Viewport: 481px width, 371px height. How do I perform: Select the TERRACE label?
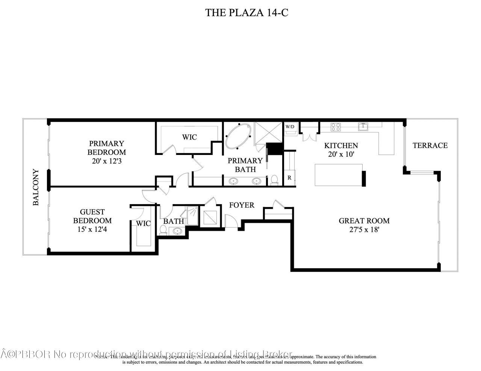[430, 145]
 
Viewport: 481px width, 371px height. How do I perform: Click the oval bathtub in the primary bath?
[239, 137]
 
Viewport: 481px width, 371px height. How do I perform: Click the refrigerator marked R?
[289, 178]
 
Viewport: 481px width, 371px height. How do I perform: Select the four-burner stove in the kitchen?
[336, 127]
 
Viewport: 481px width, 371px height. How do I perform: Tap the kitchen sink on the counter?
[363, 127]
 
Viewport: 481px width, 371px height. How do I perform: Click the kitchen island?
[337, 175]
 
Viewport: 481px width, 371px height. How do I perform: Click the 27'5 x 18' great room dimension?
[364, 230]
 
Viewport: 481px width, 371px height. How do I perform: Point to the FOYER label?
[242, 205]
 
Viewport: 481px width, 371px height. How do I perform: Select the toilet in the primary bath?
[274, 180]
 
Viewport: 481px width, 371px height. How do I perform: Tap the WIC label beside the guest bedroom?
[143, 224]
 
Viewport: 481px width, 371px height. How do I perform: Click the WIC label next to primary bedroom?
[189, 137]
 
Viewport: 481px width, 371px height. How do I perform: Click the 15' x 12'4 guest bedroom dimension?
[92, 229]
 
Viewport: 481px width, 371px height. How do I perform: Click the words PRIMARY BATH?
[245, 165]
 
